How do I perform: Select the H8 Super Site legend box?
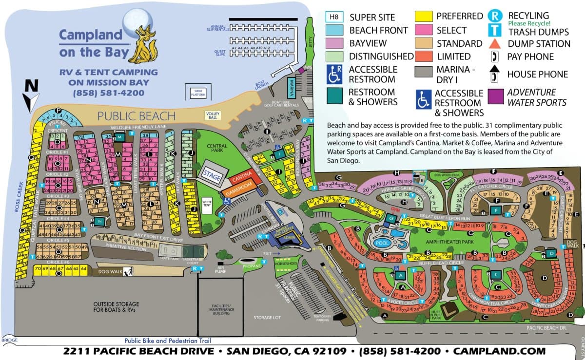click(334, 17)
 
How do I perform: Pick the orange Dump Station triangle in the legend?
click(494, 43)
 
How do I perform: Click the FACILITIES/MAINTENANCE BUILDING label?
click(219, 310)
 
